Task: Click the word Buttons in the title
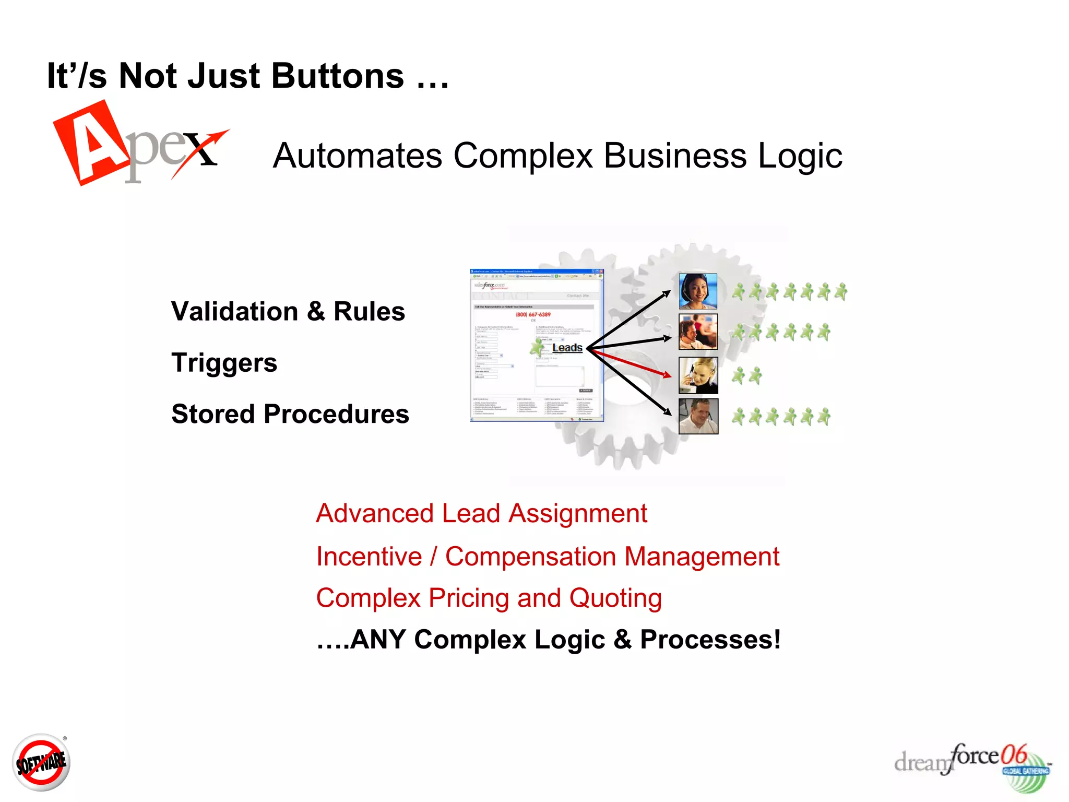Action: click(337, 76)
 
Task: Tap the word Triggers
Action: click(224, 363)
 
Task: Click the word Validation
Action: click(234, 312)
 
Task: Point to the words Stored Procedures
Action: click(290, 414)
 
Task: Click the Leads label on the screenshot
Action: click(567, 348)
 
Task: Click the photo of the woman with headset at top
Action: click(698, 291)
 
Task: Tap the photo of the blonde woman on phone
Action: click(698, 375)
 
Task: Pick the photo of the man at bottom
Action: click(698, 416)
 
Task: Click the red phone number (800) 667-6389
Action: click(533, 314)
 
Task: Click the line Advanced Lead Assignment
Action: click(481, 513)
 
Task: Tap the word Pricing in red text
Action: click(468, 598)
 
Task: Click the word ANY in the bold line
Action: click(378, 640)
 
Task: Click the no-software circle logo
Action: click(41, 763)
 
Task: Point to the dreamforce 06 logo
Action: click(972, 764)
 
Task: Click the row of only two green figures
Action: click(746, 375)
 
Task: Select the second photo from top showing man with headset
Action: click(698, 332)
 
